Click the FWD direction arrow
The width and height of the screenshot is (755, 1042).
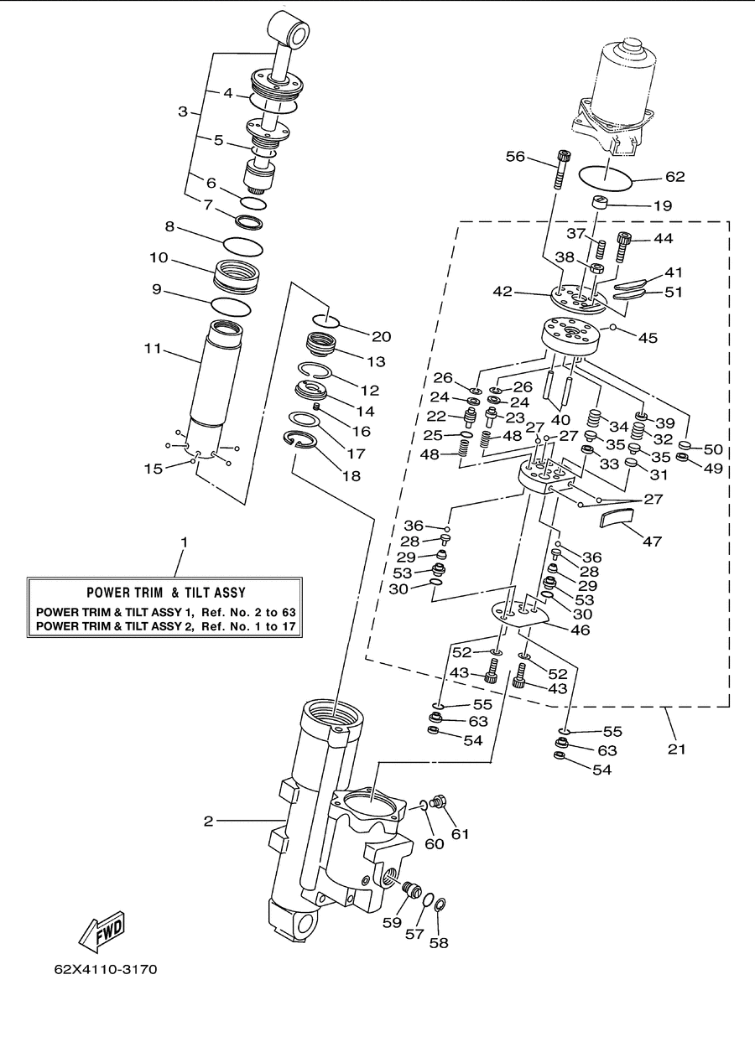click(x=102, y=931)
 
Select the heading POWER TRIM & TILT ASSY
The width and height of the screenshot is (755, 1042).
click(x=166, y=592)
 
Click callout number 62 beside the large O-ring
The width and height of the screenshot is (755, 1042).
click(x=675, y=177)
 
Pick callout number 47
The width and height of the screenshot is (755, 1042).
click(x=652, y=541)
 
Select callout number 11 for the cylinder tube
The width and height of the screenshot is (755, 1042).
click(x=153, y=348)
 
